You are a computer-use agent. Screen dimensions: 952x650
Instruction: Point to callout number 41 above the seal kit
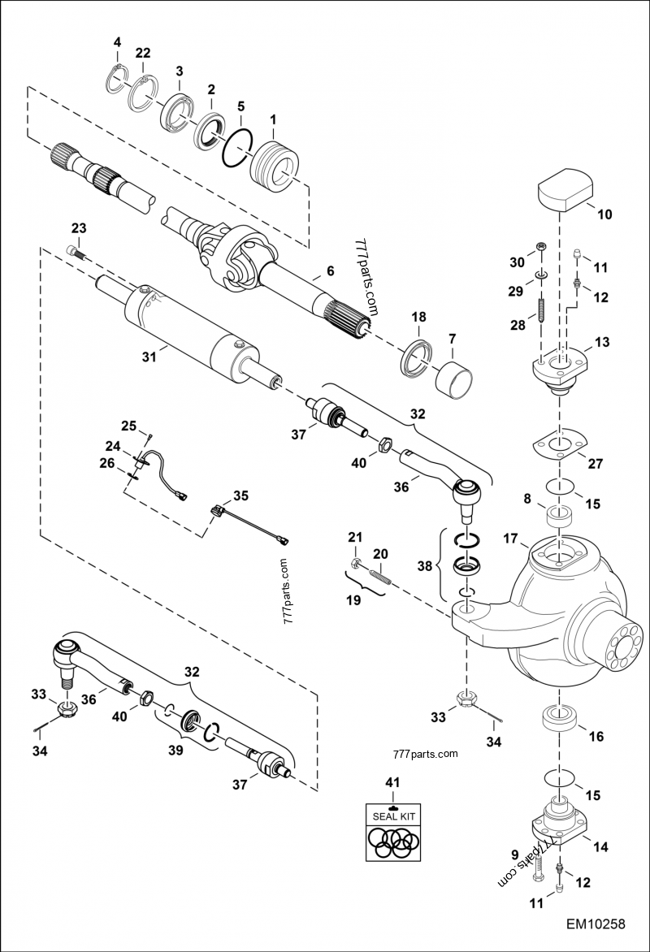tap(392, 782)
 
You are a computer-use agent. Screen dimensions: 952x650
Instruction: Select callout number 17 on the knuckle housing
tap(510, 538)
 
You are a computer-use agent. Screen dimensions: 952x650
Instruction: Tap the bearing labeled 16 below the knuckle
tap(561, 720)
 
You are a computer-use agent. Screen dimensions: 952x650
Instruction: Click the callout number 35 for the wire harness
tap(241, 495)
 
